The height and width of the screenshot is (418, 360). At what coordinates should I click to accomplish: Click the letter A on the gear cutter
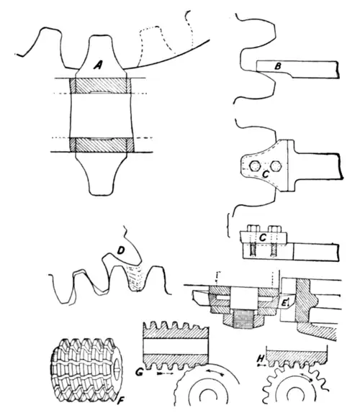(x=98, y=65)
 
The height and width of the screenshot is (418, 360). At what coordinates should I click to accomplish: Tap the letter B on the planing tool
(x=278, y=66)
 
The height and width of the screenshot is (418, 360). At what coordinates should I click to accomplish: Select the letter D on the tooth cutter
(x=121, y=250)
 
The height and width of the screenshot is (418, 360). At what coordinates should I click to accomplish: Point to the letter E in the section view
(x=284, y=302)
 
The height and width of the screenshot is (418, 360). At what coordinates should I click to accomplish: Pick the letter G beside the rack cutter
(x=139, y=372)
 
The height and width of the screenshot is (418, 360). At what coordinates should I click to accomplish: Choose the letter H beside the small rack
(x=261, y=359)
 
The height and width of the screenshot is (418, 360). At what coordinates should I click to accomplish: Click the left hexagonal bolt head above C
(x=255, y=166)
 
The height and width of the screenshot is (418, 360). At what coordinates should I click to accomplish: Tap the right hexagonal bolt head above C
(x=276, y=166)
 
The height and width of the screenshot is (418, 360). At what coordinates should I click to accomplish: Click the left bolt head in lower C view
(x=253, y=229)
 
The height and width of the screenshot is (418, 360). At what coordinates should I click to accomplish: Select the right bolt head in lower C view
(x=275, y=229)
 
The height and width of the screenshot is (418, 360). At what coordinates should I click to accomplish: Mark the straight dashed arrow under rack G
(x=166, y=374)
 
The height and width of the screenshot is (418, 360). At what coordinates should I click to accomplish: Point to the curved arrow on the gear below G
(x=215, y=372)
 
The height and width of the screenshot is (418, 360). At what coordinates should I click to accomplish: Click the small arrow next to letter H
(x=261, y=365)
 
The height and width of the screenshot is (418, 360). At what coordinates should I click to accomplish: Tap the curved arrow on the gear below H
(x=307, y=377)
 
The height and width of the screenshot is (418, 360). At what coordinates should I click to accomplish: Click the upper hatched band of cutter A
(x=100, y=86)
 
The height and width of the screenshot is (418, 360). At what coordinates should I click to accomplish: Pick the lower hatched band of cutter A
(x=101, y=145)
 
